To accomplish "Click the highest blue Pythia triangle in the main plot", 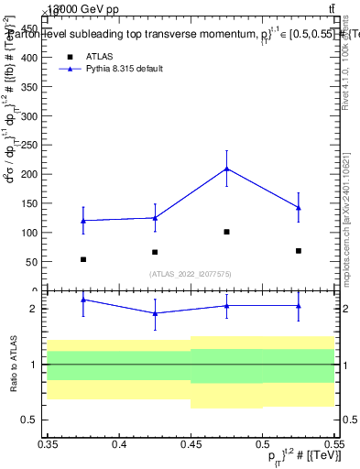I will [x=226, y=169].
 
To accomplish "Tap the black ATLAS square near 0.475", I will [x=226, y=232].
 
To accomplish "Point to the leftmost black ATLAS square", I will [x=83, y=259].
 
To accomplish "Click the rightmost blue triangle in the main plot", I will [x=299, y=208].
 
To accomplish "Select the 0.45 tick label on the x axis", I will [x=191, y=444].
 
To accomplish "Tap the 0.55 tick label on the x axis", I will [x=333, y=444].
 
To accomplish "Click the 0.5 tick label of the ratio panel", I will [x=30, y=420].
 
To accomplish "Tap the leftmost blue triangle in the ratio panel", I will [x=83, y=300].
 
